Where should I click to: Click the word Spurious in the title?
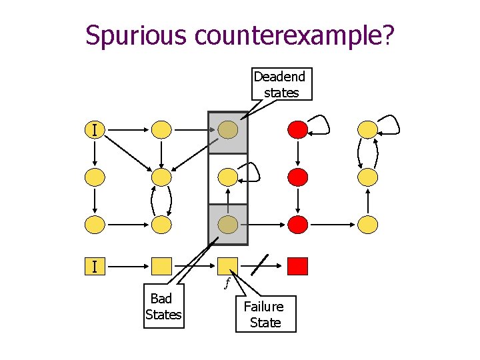tap(136, 35)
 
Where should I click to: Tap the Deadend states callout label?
tap(280, 85)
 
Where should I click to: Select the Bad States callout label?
tap(163, 307)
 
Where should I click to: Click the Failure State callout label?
tap(265, 315)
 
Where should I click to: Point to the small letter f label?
tap(227, 283)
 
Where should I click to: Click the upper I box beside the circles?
tap(95, 129)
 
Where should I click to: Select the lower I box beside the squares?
tap(95, 267)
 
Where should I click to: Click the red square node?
tap(297, 267)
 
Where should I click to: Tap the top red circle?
tap(297, 129)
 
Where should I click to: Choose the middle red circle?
tap(297, 177)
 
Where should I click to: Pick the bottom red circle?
tap(297, 225)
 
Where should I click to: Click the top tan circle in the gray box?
tap(228, 129)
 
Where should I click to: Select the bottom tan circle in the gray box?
tap(228, 225)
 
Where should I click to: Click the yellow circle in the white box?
tap(228, 177)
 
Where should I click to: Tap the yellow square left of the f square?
tap(161, 267)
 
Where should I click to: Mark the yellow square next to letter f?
tap(228, 267)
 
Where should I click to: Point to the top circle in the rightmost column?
tap(367, 129)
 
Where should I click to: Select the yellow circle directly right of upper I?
tap(161, 129)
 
